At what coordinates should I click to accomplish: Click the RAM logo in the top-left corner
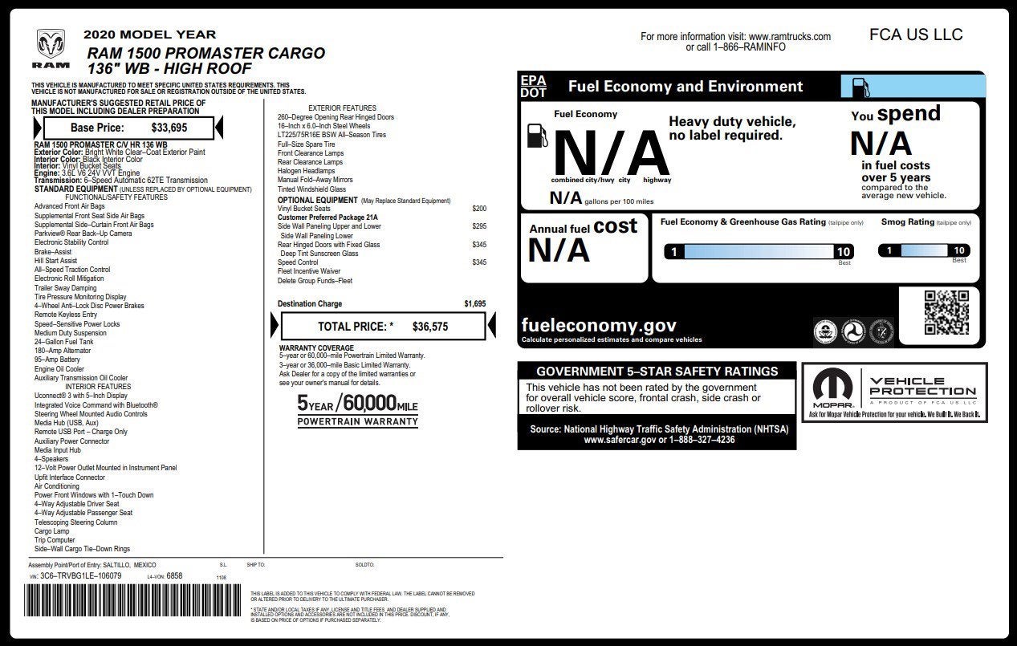51,48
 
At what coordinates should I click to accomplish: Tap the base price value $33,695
169,127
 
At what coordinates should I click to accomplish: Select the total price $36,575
429,327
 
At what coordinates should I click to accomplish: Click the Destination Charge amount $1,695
474,304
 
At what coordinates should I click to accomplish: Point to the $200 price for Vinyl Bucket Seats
479,209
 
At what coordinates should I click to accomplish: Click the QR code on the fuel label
946,312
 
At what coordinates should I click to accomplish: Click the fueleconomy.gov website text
598,326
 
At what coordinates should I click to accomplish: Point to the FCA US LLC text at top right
915,35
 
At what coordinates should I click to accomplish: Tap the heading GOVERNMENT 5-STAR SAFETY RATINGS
657,371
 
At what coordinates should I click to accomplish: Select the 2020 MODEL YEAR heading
149,35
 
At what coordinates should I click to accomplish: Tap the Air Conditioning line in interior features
56,486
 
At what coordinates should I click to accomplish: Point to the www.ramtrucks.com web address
790,37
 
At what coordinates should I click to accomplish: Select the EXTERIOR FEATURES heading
342,108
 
